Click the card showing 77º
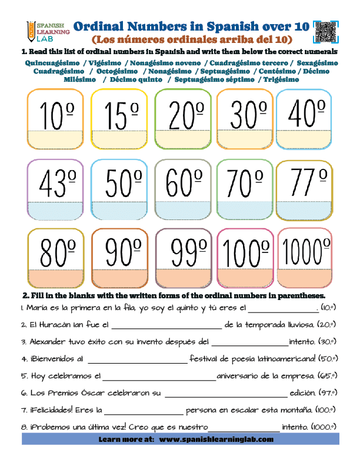304,189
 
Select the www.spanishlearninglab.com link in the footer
216,440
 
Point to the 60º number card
183,189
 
